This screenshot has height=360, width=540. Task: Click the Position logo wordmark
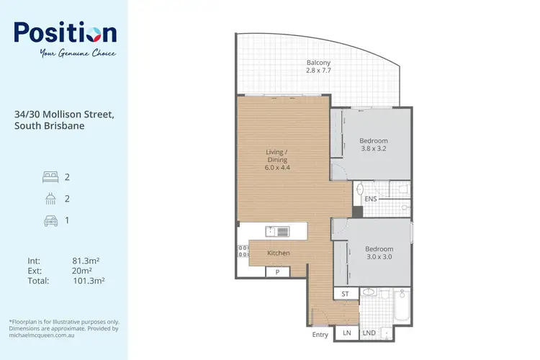pos(65,33)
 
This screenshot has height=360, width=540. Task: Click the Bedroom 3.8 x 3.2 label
pos(374,145)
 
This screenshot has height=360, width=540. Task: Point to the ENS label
pos(371,199)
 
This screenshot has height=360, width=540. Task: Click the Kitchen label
pos(279,253)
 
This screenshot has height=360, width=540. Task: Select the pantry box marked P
pos(277,272)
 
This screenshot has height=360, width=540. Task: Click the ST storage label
pos(344,294)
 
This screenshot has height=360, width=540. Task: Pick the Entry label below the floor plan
pos(320,335)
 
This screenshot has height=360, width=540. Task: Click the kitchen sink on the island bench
pos(277,231)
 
